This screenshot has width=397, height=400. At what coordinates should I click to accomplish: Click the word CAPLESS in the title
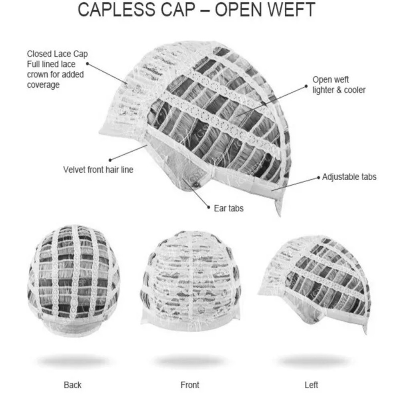pos(115,10)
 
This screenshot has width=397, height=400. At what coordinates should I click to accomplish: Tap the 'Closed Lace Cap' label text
pos(57,54)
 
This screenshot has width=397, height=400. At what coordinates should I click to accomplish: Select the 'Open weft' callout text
pos(330,79)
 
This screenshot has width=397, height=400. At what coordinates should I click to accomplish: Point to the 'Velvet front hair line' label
pos(98,169)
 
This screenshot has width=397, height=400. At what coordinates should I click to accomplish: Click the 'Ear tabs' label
pos(229,208)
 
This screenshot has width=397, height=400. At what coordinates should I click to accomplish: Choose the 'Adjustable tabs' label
pos(349,177)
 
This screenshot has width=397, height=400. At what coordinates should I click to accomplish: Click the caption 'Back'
pos(73,385)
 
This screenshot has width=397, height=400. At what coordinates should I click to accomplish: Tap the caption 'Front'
pos(190,385)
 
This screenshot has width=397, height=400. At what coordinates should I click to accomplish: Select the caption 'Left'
pos(311,385)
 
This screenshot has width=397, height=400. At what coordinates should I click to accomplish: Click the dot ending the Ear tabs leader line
pos(209,207)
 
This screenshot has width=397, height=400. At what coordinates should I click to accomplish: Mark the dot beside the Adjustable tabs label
pos(318,177)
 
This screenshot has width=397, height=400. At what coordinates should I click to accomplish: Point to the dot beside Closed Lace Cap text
pos(88,63)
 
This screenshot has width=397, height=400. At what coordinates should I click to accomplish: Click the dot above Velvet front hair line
pos(110,160)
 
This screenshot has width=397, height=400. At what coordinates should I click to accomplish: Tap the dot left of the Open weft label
pos(306,86)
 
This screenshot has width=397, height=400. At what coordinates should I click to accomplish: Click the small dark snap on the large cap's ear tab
pos(195,185)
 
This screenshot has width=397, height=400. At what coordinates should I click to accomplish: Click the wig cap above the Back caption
pos(73,280)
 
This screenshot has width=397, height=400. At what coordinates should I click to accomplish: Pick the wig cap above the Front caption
pos(190,280)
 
